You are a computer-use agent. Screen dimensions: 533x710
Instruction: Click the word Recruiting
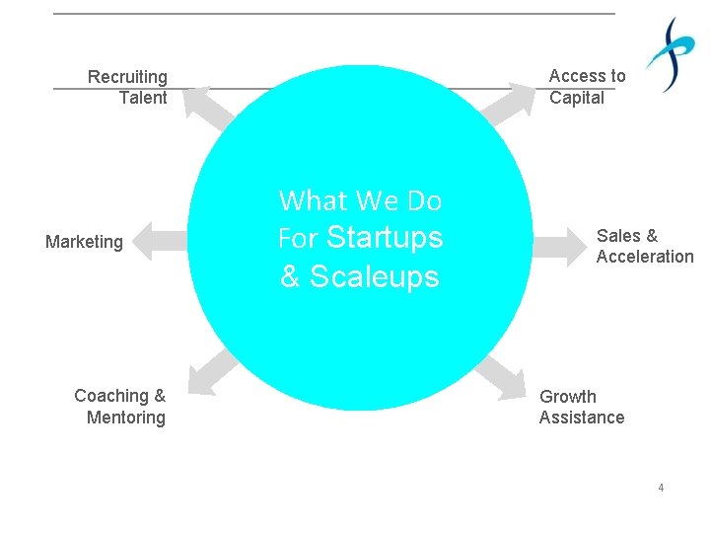[127, 77]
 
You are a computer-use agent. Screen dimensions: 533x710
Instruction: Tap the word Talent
[143, 98]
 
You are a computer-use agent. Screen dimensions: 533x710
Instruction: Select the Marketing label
[84, 242]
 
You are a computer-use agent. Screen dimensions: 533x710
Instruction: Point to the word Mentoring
[126, 418]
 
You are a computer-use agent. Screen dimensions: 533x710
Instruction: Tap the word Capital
[577, 98]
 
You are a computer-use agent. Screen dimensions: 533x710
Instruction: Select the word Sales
[618, 236]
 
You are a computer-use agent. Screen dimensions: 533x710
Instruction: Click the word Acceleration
[645, 257]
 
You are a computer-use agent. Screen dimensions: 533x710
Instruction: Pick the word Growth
[568, 397]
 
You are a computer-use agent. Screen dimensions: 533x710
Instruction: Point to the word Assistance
[582, 418]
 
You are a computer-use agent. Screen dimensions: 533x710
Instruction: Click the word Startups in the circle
[385, 238]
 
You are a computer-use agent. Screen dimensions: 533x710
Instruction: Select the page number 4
[661, 488]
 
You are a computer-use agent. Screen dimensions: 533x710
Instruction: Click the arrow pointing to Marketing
[159, 241]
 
